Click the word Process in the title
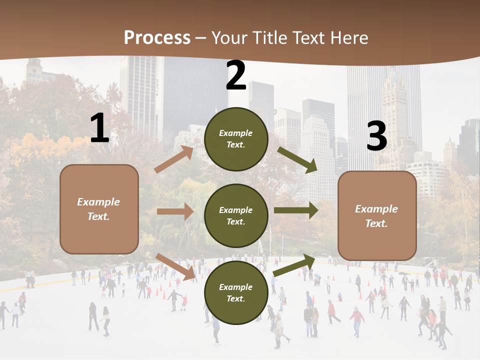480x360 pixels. tap(157, 38)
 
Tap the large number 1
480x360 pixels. tap(99, 128)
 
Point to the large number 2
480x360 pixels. tap(236, 76)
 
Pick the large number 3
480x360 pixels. tap(376, 136)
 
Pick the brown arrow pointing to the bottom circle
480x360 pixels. tap(175, 266)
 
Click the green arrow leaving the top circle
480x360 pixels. tap(297, 160)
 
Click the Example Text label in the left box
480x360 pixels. tap(99, 209)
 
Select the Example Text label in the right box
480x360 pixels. tap(376, 216)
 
